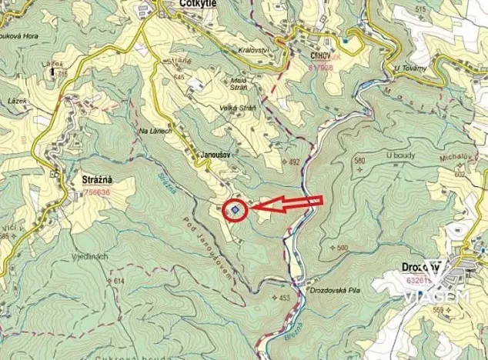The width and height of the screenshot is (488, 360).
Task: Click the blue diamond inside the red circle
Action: click(x=236, y=208)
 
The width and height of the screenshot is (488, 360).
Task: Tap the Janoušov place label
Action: click(x=216, y=154)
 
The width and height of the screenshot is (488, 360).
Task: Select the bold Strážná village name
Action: click(x=97, y=180)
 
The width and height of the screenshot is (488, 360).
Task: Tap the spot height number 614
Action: click(x=119, y=282)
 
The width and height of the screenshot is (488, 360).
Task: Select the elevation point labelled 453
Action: click(x=284, y=298)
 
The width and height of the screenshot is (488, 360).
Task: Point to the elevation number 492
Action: click(x=292, y=162)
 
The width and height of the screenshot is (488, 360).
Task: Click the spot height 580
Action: click(x=359, y=160)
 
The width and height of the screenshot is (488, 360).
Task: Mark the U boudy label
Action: click(x=401, y=155)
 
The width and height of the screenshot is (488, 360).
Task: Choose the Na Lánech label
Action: click(x=155, y=131)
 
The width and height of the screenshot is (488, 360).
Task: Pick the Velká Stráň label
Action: click(x=239, y=107)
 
